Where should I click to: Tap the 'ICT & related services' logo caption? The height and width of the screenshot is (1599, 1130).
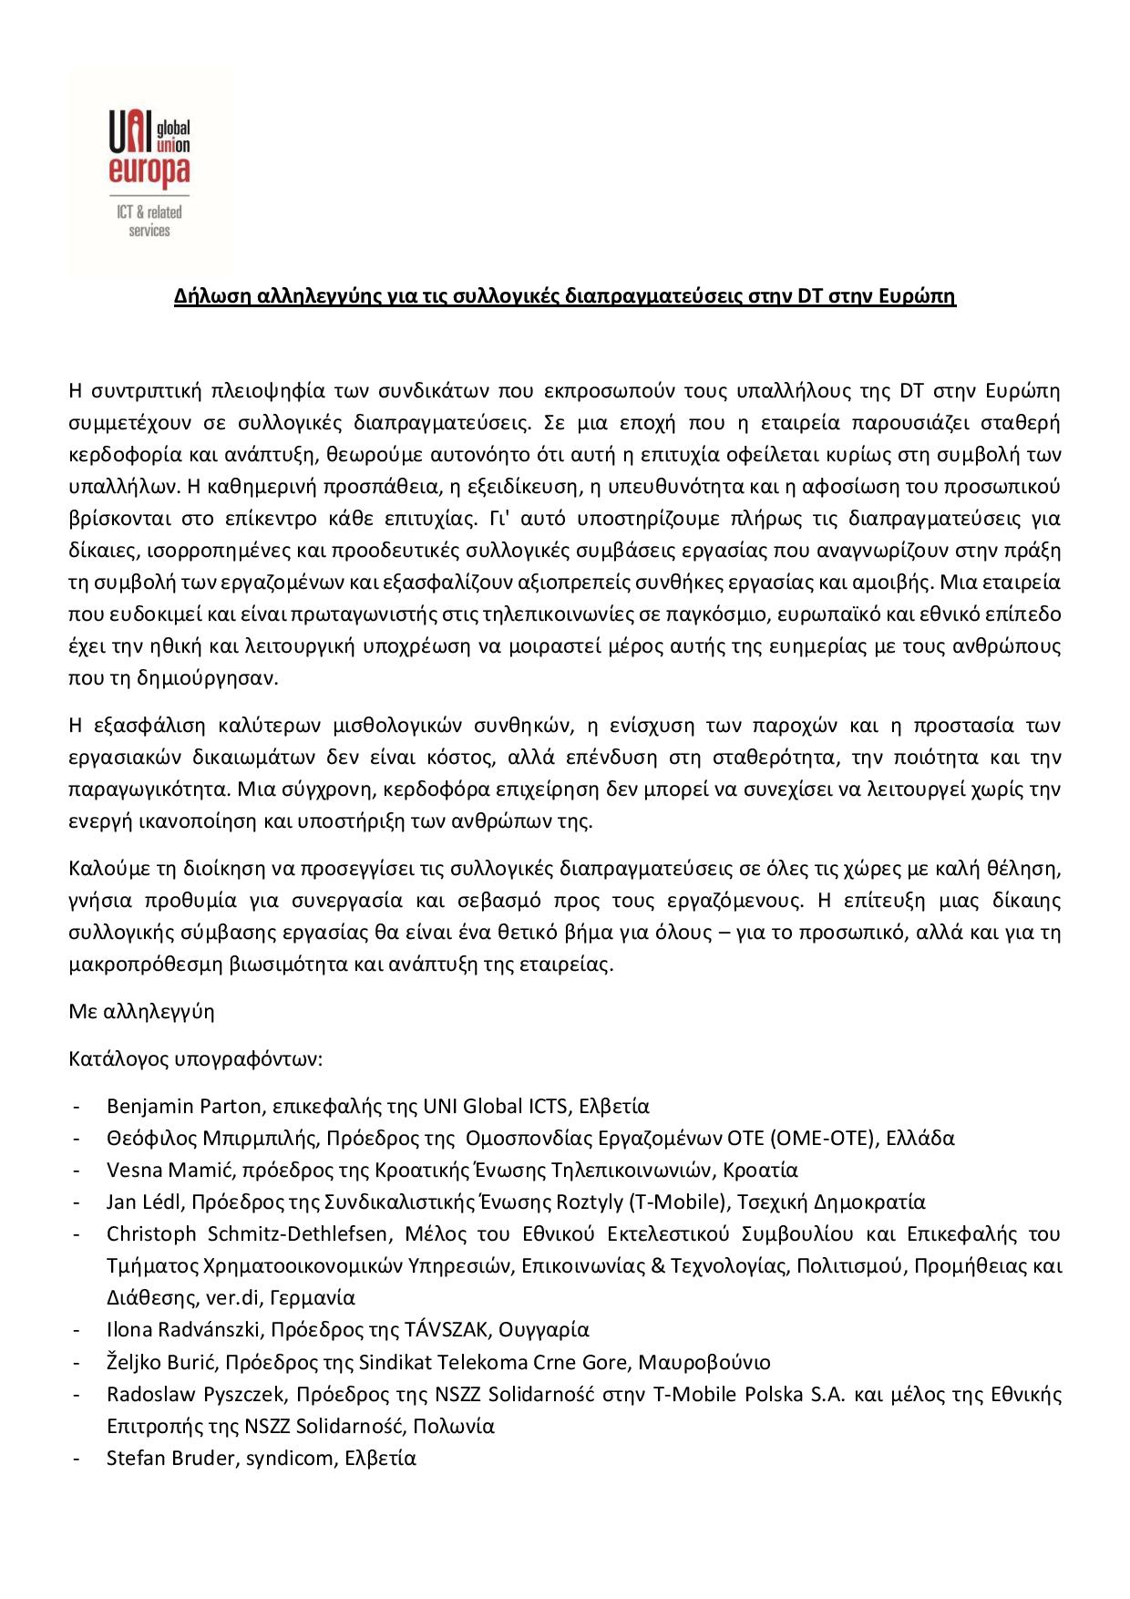pos(149,222)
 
